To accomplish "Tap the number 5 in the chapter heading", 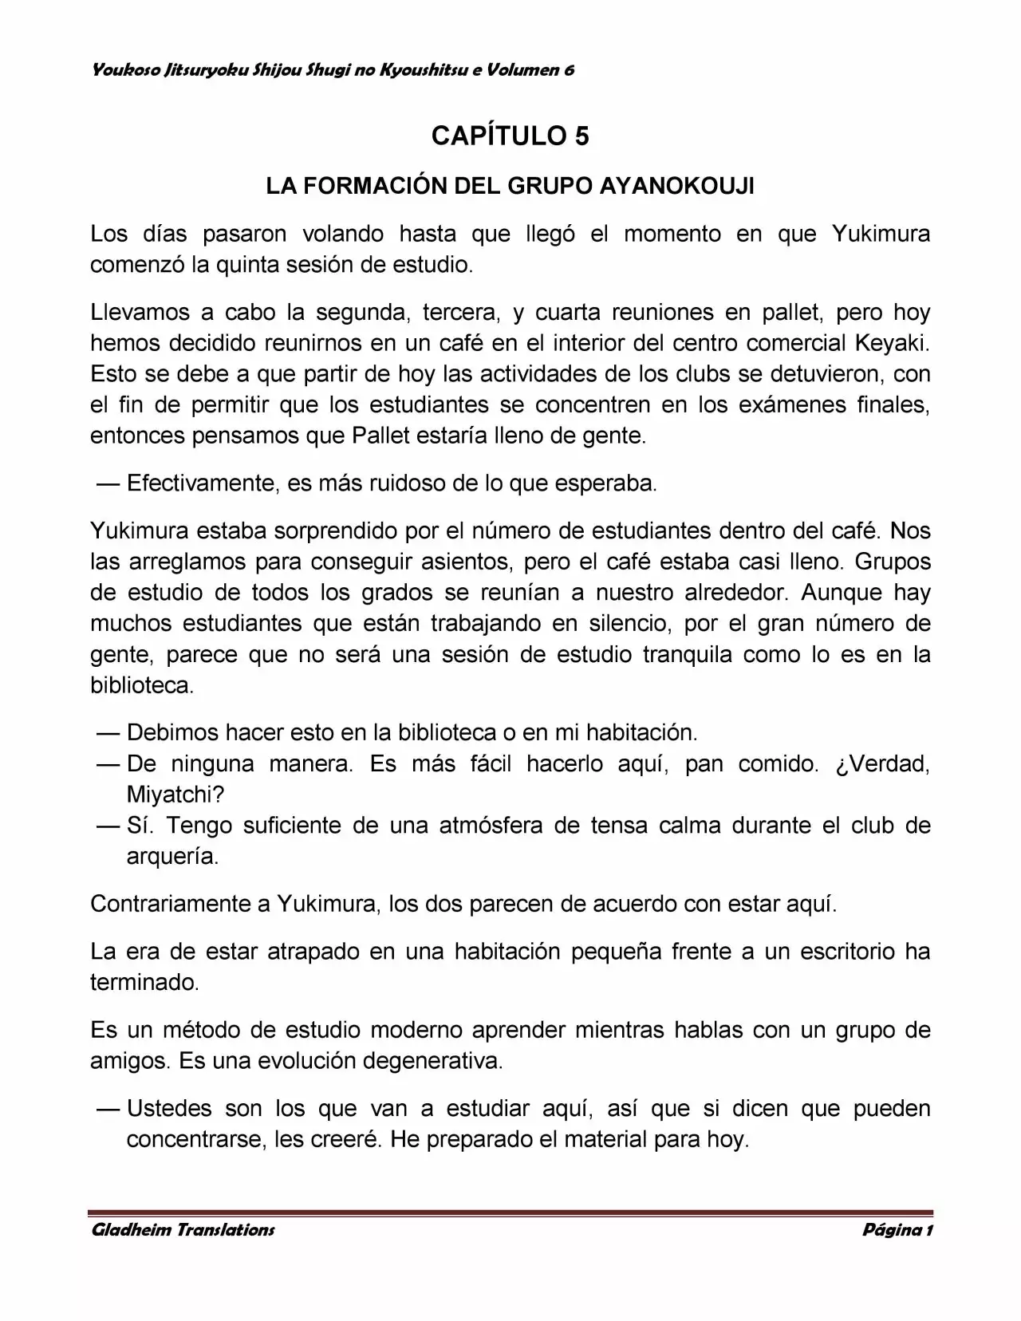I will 581,136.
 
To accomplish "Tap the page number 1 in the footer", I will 928,1229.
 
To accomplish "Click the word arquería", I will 172,857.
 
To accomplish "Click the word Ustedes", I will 169,1108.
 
